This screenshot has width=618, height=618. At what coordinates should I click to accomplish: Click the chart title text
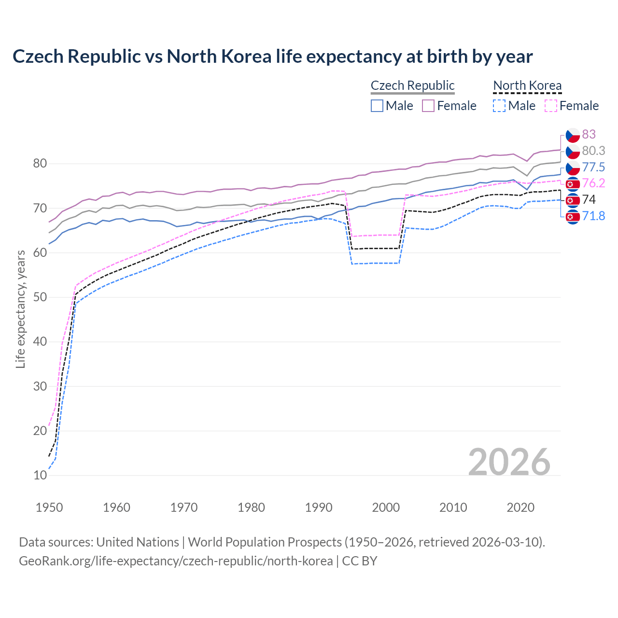[272, 56]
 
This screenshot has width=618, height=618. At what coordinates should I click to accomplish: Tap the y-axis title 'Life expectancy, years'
[20, 309]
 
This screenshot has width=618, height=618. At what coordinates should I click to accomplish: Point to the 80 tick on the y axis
[40, 164]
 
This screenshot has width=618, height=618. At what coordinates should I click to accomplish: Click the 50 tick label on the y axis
[40, 297]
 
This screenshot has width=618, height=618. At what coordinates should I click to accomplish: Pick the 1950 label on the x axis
[49, 507]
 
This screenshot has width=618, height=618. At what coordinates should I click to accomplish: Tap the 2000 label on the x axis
[386, 507]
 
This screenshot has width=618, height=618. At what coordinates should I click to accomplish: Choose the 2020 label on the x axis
[520, 507]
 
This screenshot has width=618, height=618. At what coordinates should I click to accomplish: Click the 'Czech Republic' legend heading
[412, 85]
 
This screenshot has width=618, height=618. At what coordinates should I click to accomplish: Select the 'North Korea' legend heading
[527, 85]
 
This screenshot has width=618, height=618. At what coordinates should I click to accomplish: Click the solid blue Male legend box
[377, 106]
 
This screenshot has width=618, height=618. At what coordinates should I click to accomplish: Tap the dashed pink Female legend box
[550, 106]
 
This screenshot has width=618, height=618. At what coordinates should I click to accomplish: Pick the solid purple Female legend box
[428, 106]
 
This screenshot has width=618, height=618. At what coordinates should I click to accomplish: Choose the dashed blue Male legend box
[499, 106]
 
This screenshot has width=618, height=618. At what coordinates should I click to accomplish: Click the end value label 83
[589, 134]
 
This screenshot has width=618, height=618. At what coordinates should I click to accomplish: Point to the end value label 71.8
[593, 216]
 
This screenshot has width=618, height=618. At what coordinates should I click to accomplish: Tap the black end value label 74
[589, 199]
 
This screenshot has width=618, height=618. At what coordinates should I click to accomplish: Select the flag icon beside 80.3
[573, 151]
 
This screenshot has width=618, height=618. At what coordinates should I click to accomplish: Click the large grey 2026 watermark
[509, 462]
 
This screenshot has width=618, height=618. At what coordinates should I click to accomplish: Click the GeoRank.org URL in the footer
[176, 561]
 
